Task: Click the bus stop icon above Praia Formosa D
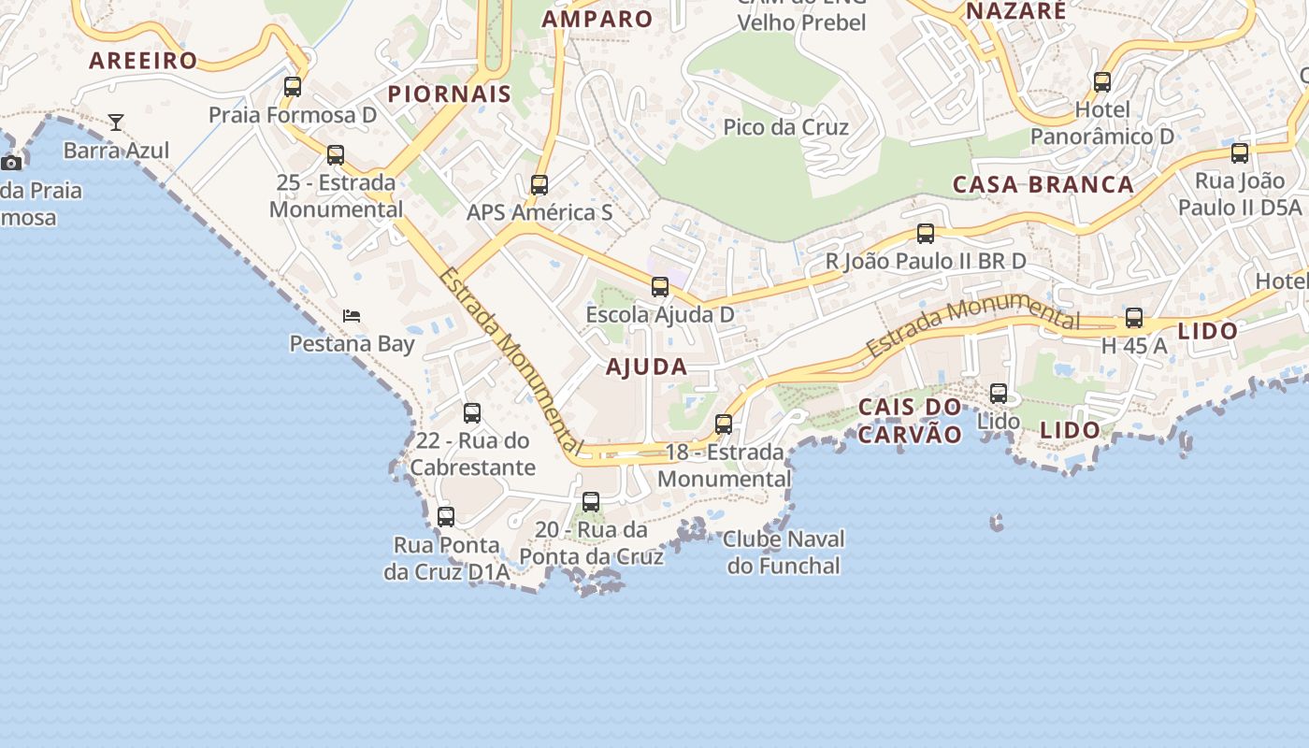pyautogui.click(x=293, y=87)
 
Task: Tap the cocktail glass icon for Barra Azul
pyautogui.click(x=116, y=122)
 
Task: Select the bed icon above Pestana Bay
pyautogui.click(x=352, y=316)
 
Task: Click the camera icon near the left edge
pyautogui.click(x=11, y=163)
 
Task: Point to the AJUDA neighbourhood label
pyautogui.click(x=646, y=367)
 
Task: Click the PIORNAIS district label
pyautogui.click(x=450, y=93)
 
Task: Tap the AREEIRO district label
pyautogui.click(x=143, y=62)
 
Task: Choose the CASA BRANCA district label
pyautogui.click(x=1043, y=184)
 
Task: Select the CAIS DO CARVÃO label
pyautogui.click(x=910, y=420)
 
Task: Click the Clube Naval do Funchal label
pyautogui.click(x=784, y=552)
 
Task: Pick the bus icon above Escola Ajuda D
pyautogui.click(x=660, y=287)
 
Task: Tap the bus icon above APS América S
pyautogui.click(x=539, y=185)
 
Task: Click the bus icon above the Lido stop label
pyautogui.click(x=999, y=394)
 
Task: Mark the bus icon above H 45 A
pyautogui.click(x=1134, y=318)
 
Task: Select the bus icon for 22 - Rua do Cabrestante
pyautogui.click(x=472, y=413)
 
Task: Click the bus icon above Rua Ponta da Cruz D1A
pyautogui.click(x=446, y=517)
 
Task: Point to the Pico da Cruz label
pyautogui.click(x=785, y=127)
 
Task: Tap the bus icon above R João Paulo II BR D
pyautogui.click(x=926, y=234)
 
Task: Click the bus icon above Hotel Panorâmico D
pyautogui.click(x=1102, y=82)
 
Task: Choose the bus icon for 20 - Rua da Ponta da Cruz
pyautogui.click(x=591, y=502)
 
